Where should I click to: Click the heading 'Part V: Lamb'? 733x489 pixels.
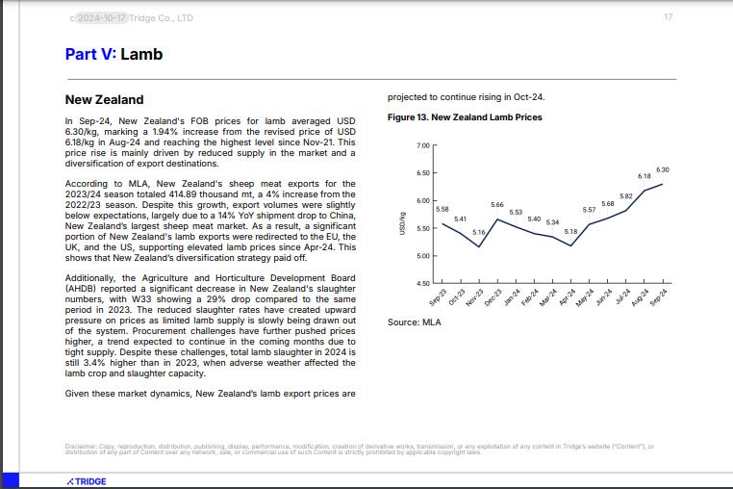(x=114, y=54)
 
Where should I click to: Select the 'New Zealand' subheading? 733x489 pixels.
(x=104, y=99)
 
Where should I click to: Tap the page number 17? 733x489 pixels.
(x=668, y=17)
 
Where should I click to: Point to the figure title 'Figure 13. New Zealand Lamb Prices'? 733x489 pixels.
(x=465, y=117)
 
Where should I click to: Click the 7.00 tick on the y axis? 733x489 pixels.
(x=422, y=145)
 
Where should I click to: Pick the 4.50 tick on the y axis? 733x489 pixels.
(x=422, y=283)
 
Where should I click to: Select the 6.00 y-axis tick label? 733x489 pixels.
(x=422, y=200)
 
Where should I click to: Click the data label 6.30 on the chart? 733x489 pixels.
(x=663, y=169)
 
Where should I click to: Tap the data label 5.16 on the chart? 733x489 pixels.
(x=478, y=233)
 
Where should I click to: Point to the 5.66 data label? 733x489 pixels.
(x=497, y=205)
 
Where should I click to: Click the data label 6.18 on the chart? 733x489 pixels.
(x=645, y=176)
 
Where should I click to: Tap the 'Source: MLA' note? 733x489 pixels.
(x=414, y=322)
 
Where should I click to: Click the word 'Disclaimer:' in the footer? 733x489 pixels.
(x=81, y=447)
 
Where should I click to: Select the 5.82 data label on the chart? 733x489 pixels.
(x=625, y=196)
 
